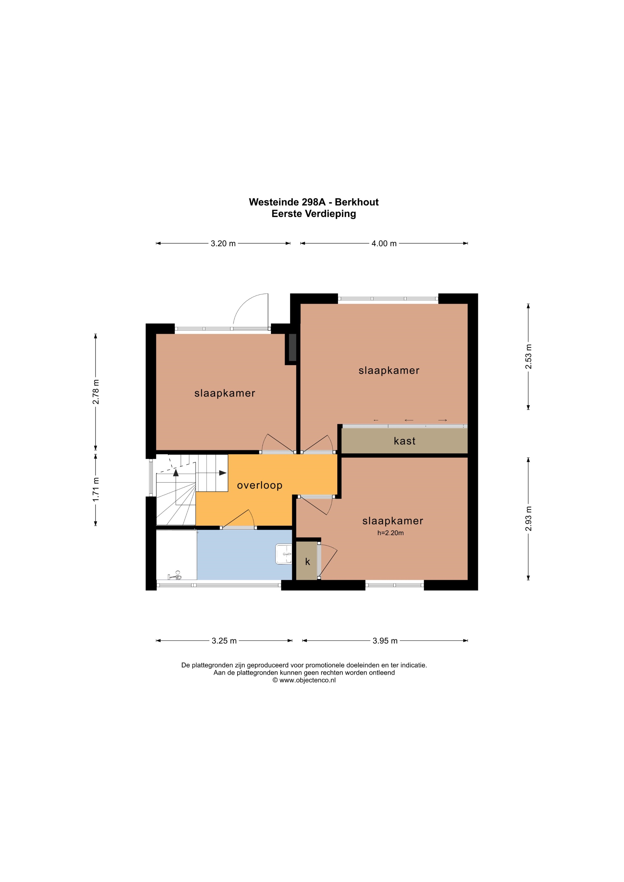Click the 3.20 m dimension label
coord(223,243)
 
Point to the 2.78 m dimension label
coord(96,391)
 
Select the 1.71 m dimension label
coord(96,489)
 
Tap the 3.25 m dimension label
coord(224,641)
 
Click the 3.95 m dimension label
coord(385,641)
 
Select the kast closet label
coord(405,441)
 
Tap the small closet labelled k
coord(308,562)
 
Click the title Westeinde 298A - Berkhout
coord(314,202)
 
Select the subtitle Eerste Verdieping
coord(314,214)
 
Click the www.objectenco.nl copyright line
coord(304,680)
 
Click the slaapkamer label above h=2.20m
coord(393,521)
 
